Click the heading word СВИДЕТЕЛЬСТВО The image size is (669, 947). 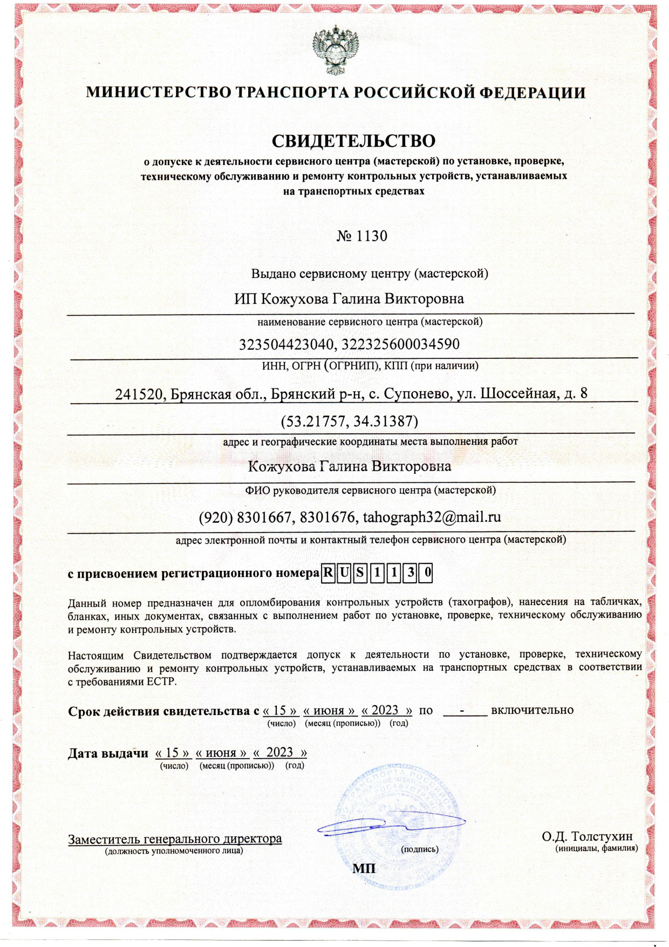[x=353, y=141]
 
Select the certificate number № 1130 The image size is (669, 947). [x=362, y=236]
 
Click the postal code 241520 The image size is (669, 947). [x=139, y=394]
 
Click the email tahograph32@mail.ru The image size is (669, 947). [x=432, y=517]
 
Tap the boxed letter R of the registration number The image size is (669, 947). [x=327, y=573]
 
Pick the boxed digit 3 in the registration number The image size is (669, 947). [x=411, y=573]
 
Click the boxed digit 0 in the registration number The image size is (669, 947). [x=427, y=573]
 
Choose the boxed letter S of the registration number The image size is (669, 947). [x=360, y=573]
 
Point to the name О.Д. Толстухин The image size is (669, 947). [x=587, y=837]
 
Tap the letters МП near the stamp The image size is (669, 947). [x=364, y=868]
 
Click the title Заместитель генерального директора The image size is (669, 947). [x=175, y=839]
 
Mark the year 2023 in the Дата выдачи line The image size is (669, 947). [x=279, y=752]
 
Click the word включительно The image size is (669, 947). [x=532, y=710]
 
